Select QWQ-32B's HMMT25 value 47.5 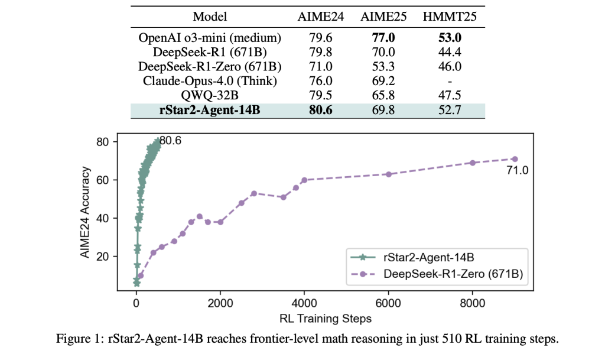click(x=449, y=96)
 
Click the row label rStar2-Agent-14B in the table click(x=210, y=110)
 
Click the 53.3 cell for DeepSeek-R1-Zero click(x=383, y=67)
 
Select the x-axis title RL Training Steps click(x=326, y=319)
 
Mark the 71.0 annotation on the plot click(x=518, y=171)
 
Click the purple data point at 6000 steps click(x=389, y=174)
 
